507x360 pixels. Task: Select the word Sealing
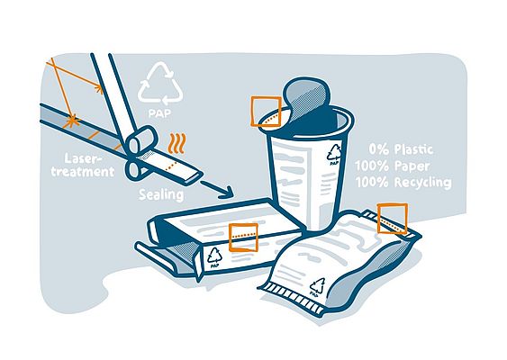(162, 194)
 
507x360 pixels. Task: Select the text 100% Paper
(404, 166)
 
